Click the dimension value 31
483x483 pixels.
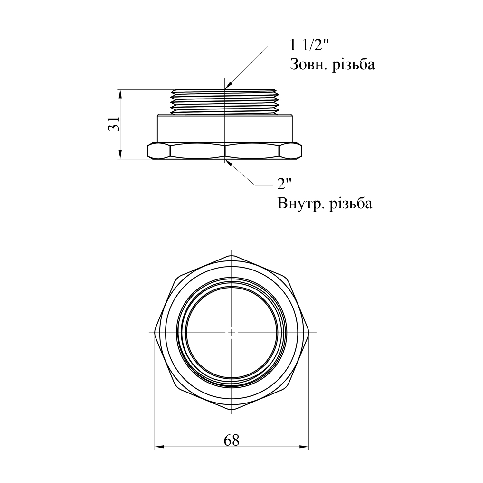click(x=114, y=124)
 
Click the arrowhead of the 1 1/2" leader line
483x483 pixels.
click(x=228, y=85)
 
